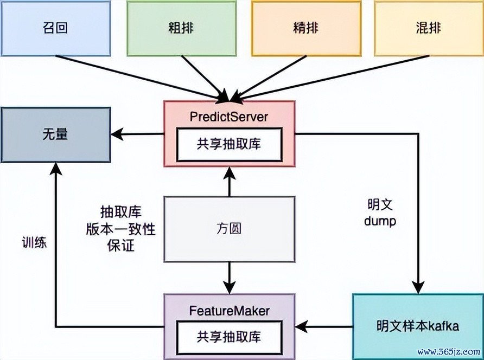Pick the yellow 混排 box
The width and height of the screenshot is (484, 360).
tap(428, 28)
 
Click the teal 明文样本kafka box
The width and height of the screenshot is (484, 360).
tap(418, 326)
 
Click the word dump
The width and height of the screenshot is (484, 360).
tap(381, 221)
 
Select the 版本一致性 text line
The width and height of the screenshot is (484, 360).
tap(120, 229)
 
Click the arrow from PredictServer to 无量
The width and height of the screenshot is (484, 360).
tap(138, 134)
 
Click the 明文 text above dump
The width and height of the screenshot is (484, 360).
tap(380, 205)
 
